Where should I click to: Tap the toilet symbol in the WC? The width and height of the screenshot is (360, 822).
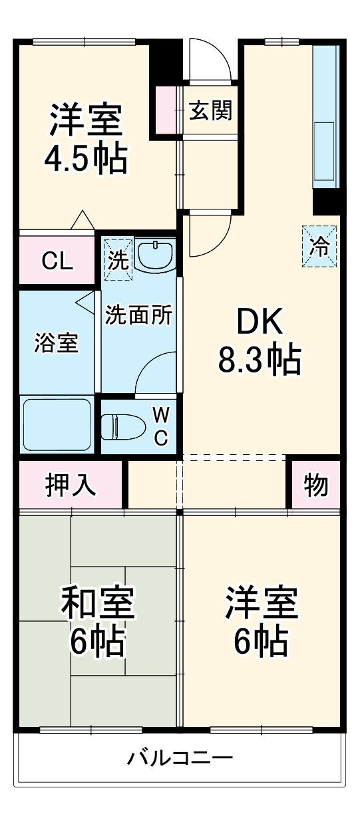[124, 425]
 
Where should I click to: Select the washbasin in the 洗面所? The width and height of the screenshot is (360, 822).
[154, 254]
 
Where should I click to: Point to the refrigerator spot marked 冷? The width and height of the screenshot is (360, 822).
[320, 246]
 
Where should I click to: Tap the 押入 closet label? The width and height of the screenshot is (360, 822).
[70, 485]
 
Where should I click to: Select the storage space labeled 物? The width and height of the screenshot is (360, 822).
[317, 485]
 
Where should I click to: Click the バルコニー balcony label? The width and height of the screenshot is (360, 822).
[180, 757]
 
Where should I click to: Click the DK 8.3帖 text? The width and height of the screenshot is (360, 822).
[260, 342]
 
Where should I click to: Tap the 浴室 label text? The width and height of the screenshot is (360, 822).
[57, 344]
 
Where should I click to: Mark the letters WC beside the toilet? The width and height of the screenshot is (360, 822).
[161, 426]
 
